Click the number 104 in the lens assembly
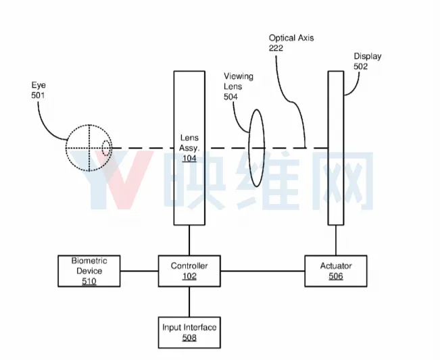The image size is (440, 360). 189,159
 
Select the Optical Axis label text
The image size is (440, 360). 291,38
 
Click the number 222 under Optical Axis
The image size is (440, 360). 276,48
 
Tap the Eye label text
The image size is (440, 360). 39,85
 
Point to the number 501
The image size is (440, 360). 38,95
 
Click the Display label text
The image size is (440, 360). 367,56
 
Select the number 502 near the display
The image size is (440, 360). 361,66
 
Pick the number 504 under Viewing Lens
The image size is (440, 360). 230,97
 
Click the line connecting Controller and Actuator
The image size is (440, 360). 263,271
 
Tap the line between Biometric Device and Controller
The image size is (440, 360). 139,271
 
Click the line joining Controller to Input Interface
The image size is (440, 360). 189,302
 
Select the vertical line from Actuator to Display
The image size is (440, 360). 336,240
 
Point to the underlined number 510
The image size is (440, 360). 89,281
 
